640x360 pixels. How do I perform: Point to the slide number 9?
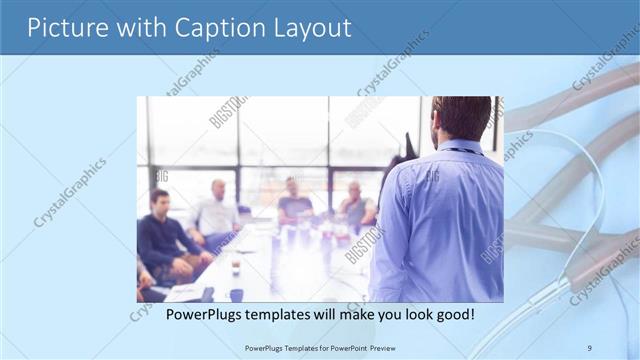click(589, 348)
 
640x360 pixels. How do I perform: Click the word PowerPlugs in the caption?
click(204, 314)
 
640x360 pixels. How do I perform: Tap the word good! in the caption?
click(453, 314)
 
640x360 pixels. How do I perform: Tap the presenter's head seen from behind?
click(461, 119)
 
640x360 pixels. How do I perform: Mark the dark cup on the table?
click(236, 294)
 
